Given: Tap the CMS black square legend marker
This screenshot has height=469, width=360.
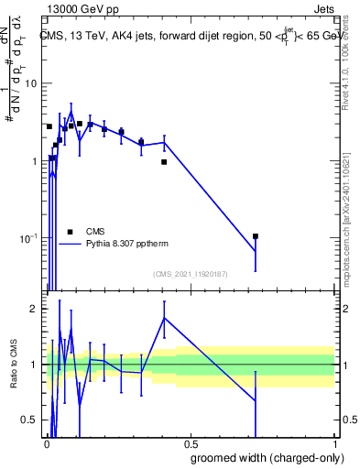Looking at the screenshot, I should click(x=70, y=232).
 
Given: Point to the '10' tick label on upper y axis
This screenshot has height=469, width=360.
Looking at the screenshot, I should click(x=31, y=84).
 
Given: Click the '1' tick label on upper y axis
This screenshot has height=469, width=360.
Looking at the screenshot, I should click(x=35, y=161).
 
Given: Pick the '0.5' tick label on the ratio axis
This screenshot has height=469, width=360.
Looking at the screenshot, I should click(x=29, y=420).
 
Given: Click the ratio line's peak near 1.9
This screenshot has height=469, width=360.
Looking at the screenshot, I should click(x=164, y=318).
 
